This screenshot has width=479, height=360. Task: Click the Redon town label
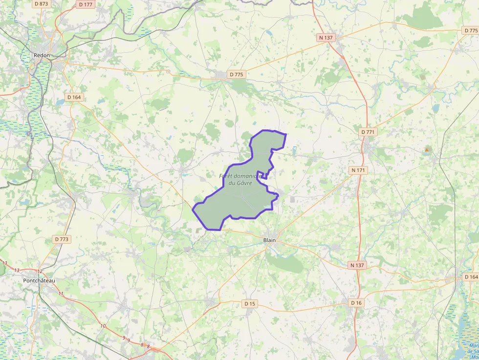pos(42,55)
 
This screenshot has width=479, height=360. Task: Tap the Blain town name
pos(269,240)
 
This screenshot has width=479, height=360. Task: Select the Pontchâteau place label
pos(39,280)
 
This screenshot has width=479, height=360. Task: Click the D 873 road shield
pos(42,4)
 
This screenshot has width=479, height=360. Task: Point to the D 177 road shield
pos(86,4)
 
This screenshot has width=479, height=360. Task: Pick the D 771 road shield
pos(369,132)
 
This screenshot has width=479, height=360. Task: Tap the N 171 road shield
pos(358,170)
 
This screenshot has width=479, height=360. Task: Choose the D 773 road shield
pos(62,239)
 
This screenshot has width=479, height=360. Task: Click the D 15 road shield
pos(250,304)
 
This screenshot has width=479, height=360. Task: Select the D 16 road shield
pos(356,303)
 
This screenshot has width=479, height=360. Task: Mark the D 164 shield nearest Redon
pos(74,97)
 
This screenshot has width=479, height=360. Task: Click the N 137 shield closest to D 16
pos(358,265)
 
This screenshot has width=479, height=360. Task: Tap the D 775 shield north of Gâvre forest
pos(236,74)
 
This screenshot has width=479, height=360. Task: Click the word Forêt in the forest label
pos(227,176)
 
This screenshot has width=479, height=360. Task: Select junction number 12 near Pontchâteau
pos(40,272)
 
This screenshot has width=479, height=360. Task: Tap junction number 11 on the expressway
pos(61,294)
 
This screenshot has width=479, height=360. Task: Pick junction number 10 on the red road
pos(103,326)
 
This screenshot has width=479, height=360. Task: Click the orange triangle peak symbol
pos(427,149)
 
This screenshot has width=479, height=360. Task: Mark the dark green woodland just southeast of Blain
pos(286,264)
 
